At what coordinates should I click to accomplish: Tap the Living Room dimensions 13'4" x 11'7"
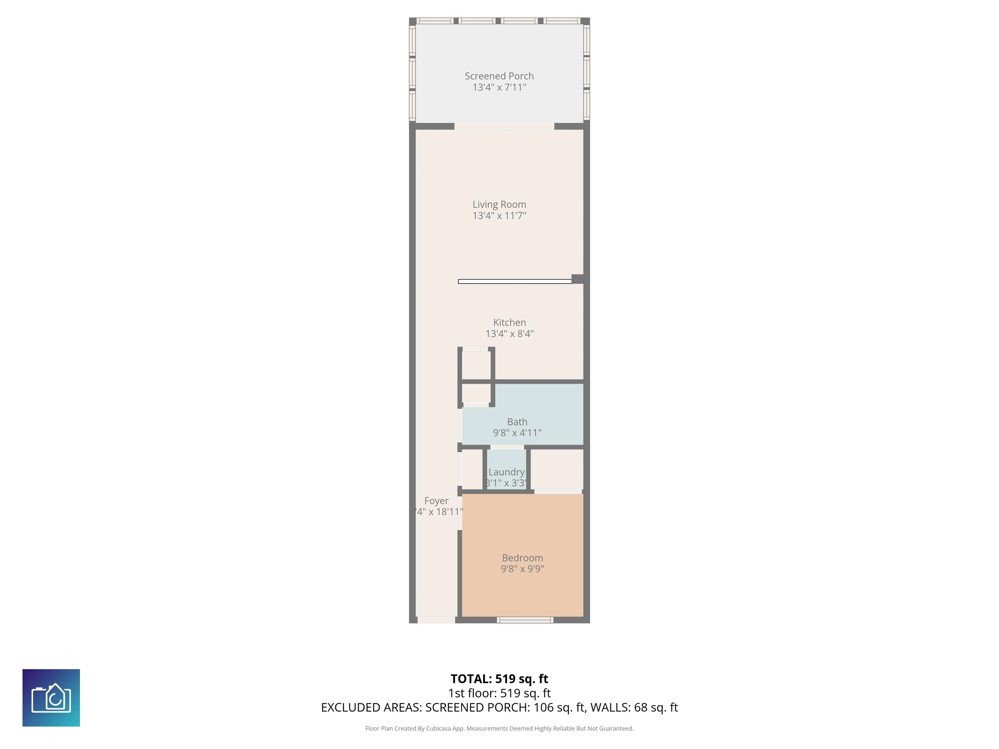pyautogui.click(x=499, y=216)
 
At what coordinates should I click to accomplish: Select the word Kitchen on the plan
pyautogui.click(x=510, y=322)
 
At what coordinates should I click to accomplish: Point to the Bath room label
pyautogui.click(x=517, y=422)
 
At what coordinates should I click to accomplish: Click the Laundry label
pyautogui.click(x=506, y=472)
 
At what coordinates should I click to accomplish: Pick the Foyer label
pyautogui.click(x=436, y=501)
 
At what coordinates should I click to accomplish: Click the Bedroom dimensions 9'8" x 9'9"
pyautogui.click(x=522, y=569)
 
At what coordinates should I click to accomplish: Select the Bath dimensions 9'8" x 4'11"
pyautogui.click(x=517, y=433)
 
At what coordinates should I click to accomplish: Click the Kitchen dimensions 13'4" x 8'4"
pyautogui.click(x=510, y=334)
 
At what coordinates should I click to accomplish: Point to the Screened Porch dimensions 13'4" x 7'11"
pyautogui.click(x=499, y=87)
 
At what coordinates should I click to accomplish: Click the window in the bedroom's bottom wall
pyautogui.click(x=525, y=620)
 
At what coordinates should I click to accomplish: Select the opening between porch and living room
pyautogui.click(x=504, y=126)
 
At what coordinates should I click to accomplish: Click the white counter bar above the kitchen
pyautogui.click(x=515, y=281)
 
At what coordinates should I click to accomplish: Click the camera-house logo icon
pyautogui.click(x=51, y=698)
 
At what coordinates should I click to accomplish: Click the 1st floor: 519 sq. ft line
pyautogui.click(x=499, y=693)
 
